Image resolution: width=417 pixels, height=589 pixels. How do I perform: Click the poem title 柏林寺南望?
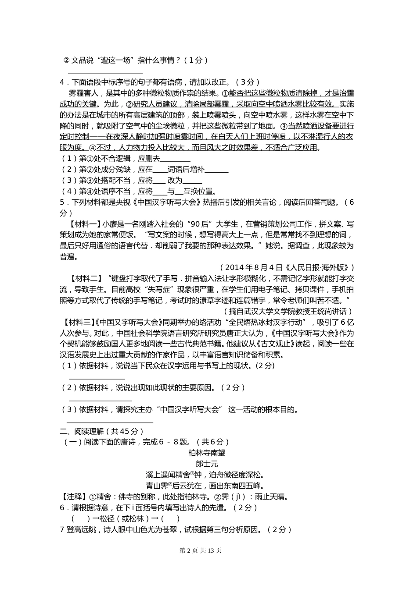point(207,453)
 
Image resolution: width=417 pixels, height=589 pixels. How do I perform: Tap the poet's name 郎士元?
point(207,464)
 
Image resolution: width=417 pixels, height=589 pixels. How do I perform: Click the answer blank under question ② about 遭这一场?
point(105,73)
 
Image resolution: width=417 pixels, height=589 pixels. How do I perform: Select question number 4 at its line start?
point(62,82)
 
